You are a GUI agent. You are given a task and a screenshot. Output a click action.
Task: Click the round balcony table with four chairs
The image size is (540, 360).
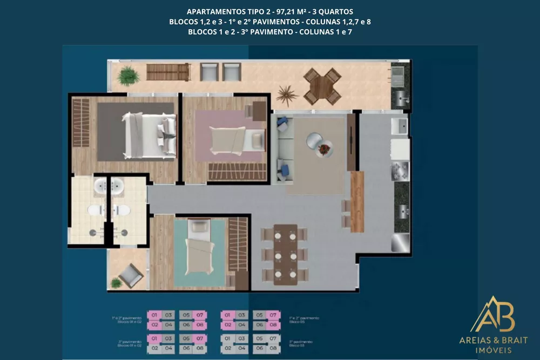[x=322, y=86]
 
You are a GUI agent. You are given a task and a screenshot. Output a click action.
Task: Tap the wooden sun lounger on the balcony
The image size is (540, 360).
[x=168, y=72]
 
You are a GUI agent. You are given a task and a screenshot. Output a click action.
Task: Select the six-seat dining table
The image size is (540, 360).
[x=285, y=254]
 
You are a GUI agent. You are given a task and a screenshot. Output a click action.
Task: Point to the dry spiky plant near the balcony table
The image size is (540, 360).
[x=286, y=94]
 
